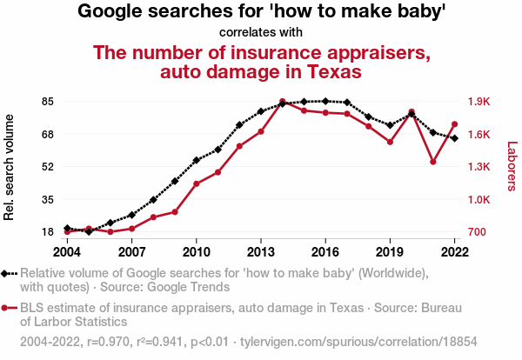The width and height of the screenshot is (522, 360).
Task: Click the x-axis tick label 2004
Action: pyautogui.click(x=67, y=251)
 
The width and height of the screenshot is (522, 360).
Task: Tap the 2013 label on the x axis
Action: pyautogui.click(x=261, y=251)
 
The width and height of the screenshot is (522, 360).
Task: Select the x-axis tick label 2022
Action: pyautogui.click(x=454, y=251)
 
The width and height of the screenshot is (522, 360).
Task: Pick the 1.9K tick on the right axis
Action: pyautogui.click(x=479, y=102)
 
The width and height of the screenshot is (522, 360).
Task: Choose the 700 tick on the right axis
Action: pyautogui.click(x=478, y=232)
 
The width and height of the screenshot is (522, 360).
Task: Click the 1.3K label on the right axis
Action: pyautogui.click(x=479, y=166)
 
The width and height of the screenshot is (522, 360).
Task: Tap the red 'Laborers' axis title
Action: pyautogui.click(x=512, y=167)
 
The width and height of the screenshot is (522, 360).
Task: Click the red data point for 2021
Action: pyautogui.click(x=433, y=162)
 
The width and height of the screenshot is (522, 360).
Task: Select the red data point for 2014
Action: pyautogui.click(x=283, y=102)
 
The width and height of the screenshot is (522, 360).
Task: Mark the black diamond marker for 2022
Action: pyautogui.click(x=454, y=138)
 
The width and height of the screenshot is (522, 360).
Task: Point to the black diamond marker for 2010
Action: pyautogui.click(x=197, y=160)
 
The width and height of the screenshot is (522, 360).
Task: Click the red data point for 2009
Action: pyautogui.click(x=175, y=212)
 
